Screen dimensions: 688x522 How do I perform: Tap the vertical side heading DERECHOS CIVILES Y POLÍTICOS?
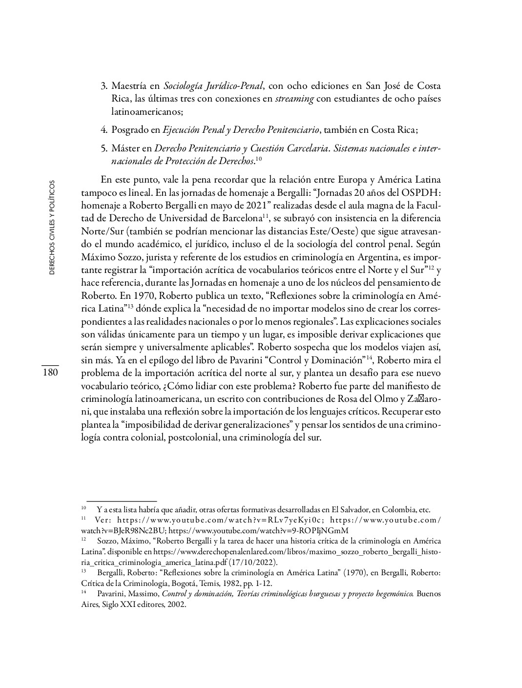coord(52,227)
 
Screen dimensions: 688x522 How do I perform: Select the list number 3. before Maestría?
coord(104,86)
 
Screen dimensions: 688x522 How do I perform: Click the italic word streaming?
coord(294,99)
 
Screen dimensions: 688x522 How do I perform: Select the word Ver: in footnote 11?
coord(104,520)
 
